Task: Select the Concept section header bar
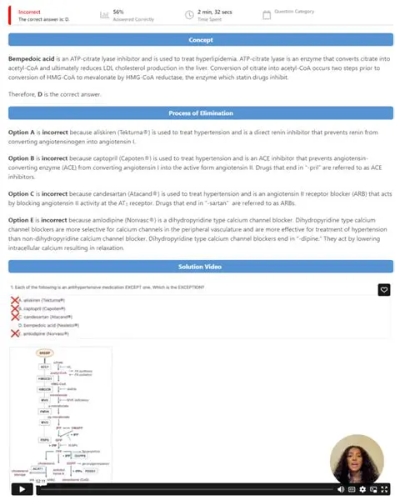pos(200,39)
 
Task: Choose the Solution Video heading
pos(200,267)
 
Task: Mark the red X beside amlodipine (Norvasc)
pos(14,333)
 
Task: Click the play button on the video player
pos(22,489)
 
